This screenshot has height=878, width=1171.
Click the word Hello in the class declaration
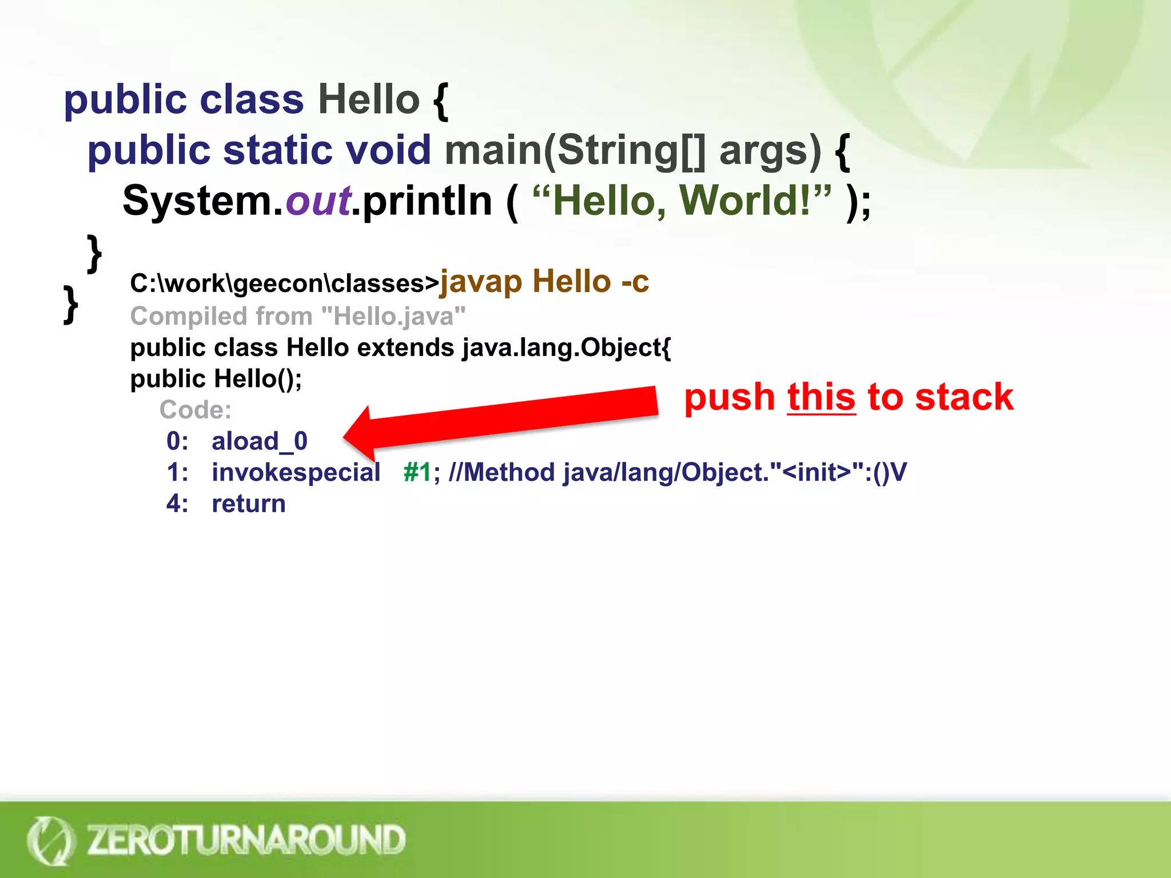[369, 99]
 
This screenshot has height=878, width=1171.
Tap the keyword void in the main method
[388, 150]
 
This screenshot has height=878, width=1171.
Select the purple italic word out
[318, 201]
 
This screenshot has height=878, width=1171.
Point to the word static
[278, 150]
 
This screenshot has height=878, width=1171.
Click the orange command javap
[481, 282]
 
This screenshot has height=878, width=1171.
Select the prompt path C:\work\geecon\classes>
[284, 284]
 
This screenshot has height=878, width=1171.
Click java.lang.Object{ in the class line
[566, 348]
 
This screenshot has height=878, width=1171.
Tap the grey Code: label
[196, 410]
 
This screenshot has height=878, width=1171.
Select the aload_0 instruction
[259, 441]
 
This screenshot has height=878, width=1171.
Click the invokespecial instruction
[296, 473]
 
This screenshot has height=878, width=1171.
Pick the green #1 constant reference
[417, 473]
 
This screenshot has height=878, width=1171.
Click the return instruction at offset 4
[248, 504]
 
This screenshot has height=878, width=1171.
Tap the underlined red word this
[821, 397]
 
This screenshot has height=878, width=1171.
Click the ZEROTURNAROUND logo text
[246, 840]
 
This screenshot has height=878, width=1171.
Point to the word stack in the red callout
[964, 397]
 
